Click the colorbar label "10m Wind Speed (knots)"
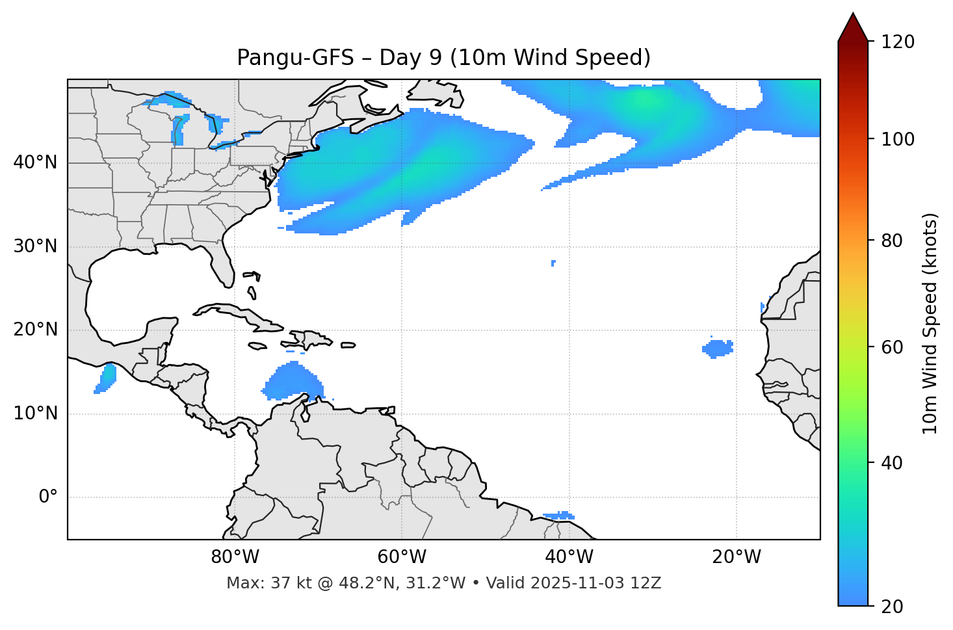(930, 323)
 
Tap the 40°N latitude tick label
(35, 163)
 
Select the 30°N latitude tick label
(35, 246)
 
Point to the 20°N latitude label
(35, 330)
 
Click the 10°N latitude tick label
(35, 413)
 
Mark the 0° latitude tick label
(48, 497)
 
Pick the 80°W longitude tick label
(235, 557)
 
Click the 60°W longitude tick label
(402, 557)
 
